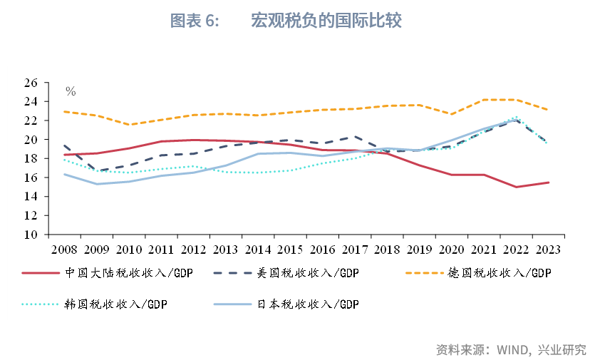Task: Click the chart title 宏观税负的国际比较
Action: [326, 21]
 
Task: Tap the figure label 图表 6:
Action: [195, 21]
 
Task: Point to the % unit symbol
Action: [71, 91]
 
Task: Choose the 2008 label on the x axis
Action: [64, 250]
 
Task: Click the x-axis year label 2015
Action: [290, 250]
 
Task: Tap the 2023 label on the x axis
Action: [548, 250]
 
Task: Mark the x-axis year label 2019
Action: [419, 250]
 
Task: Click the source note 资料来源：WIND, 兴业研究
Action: [510, 349]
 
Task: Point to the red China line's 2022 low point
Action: [516, 187]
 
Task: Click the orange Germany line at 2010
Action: [129, 125]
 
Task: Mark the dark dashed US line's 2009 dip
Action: [97, 171]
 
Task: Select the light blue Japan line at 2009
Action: [97, 184]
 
